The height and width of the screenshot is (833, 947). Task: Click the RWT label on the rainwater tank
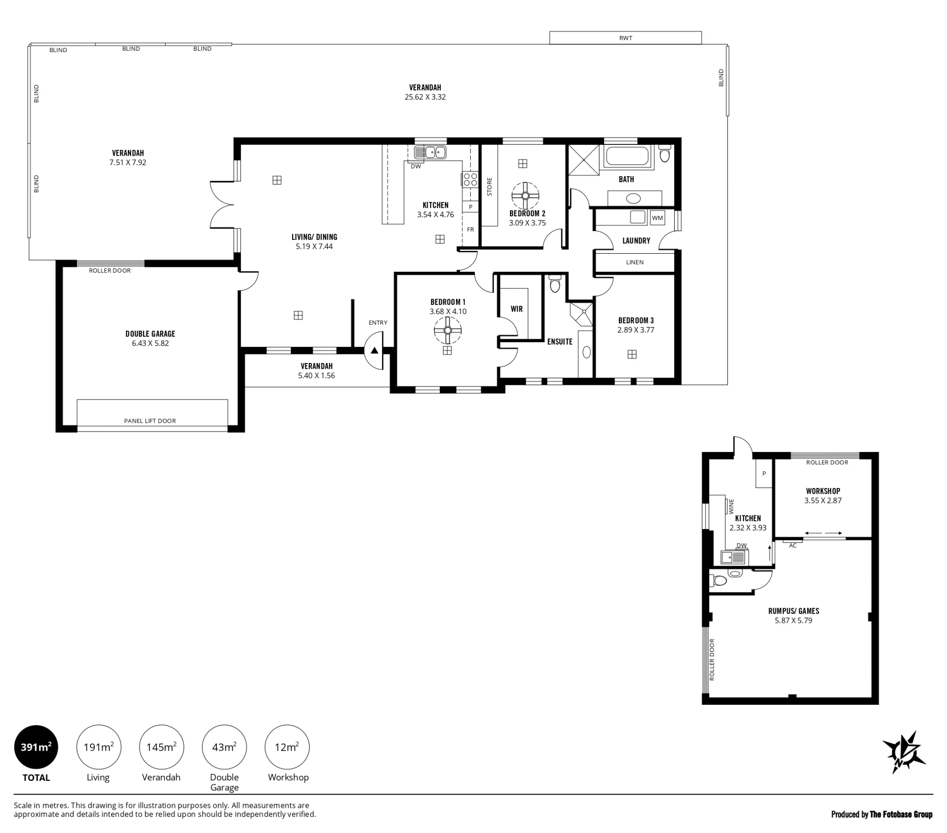tap(625, 38)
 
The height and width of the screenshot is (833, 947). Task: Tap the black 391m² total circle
tap(36, 747)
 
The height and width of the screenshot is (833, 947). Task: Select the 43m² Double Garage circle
tap(224, 747)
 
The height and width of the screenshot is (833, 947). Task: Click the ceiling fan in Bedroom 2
tap(525, 195)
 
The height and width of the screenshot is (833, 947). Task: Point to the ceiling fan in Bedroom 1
tap(447, 330)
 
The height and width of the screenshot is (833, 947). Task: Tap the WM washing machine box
tap(657, 218)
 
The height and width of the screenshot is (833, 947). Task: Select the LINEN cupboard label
tap(634, 262)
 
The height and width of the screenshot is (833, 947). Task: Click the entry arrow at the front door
tap(375, 351)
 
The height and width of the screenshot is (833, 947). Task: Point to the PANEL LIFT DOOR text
tap(150, 421)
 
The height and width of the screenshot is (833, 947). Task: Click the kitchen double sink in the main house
tap(430, 152)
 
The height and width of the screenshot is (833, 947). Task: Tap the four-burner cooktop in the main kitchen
tap(470, 179)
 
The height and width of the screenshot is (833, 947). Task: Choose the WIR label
tap(517, 309)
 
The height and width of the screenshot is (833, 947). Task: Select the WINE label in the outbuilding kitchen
tap(731, 506)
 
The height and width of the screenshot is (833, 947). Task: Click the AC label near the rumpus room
tap(793, 546)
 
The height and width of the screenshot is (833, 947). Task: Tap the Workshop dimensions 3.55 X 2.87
tap(823, 500)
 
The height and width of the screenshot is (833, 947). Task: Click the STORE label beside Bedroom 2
tap(490, 186)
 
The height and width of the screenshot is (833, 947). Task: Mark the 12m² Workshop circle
tap(287, 747)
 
